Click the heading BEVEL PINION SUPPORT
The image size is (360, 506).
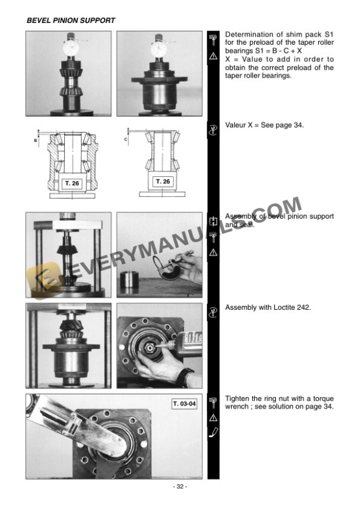coord(71,21)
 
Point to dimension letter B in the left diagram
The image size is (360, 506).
coord(35,141)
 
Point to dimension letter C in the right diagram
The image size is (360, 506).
coord(126,140)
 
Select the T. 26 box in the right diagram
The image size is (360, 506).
coord(162,182)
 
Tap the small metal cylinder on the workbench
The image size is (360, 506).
coord(133,282)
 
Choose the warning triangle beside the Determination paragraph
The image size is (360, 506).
coord(214,56)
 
